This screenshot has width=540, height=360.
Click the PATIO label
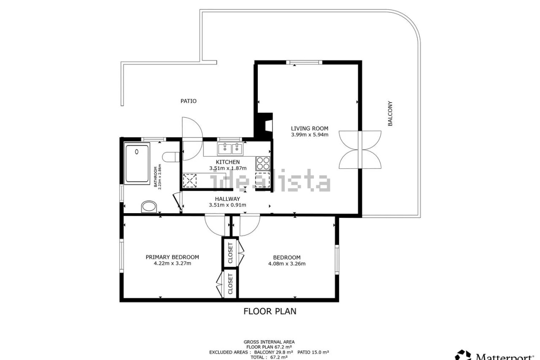pos(189,101)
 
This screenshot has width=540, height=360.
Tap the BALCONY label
pos(390,114)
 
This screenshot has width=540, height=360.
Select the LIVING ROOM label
pos(310,129)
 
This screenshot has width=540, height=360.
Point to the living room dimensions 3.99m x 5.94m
pos(310,135)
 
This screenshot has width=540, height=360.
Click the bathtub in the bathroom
pos(137,163)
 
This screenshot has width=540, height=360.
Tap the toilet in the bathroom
pos(171,157)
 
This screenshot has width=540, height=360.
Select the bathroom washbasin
pos(149,207)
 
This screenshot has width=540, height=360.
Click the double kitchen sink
pos(230,149)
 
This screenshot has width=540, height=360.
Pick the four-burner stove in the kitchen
pos(263,163)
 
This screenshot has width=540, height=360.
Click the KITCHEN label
pos(228,162)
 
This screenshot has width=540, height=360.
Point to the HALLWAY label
pos(227,199)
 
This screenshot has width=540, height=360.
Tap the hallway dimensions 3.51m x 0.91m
pos(227,205)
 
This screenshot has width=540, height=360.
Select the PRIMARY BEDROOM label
pos(173,257)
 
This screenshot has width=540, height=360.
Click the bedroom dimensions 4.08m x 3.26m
pos(287,263)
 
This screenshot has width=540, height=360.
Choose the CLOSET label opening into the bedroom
pos(230,253)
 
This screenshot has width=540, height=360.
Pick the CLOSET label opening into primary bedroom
pos(230,284)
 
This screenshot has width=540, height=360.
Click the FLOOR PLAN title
pos(270,311)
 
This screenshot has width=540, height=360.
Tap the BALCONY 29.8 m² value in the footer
pos(274,352)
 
